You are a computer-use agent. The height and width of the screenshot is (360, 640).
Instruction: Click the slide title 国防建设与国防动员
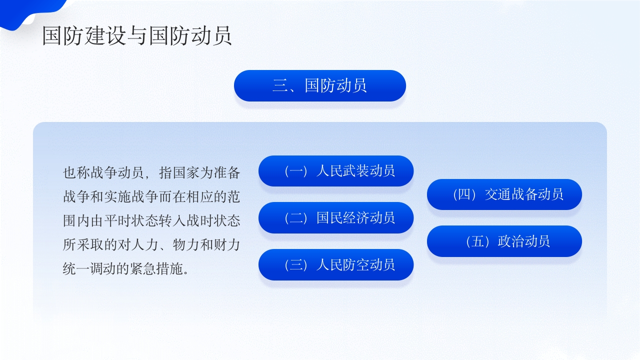coord(137,36)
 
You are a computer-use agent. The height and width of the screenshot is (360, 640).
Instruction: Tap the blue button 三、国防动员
coord(320,85)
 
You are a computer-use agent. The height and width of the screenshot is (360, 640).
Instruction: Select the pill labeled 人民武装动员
coord(355,171)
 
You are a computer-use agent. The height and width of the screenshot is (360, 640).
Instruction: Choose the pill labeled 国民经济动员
coord(355,217)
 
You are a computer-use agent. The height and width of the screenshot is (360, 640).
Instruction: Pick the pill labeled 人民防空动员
coord(355,264)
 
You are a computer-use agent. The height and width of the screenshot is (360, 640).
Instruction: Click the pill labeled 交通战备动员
coord(524,194)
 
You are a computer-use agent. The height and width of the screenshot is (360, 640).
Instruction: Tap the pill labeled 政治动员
coord(524,241)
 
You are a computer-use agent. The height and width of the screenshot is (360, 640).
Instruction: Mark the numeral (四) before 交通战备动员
coord(464,194)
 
